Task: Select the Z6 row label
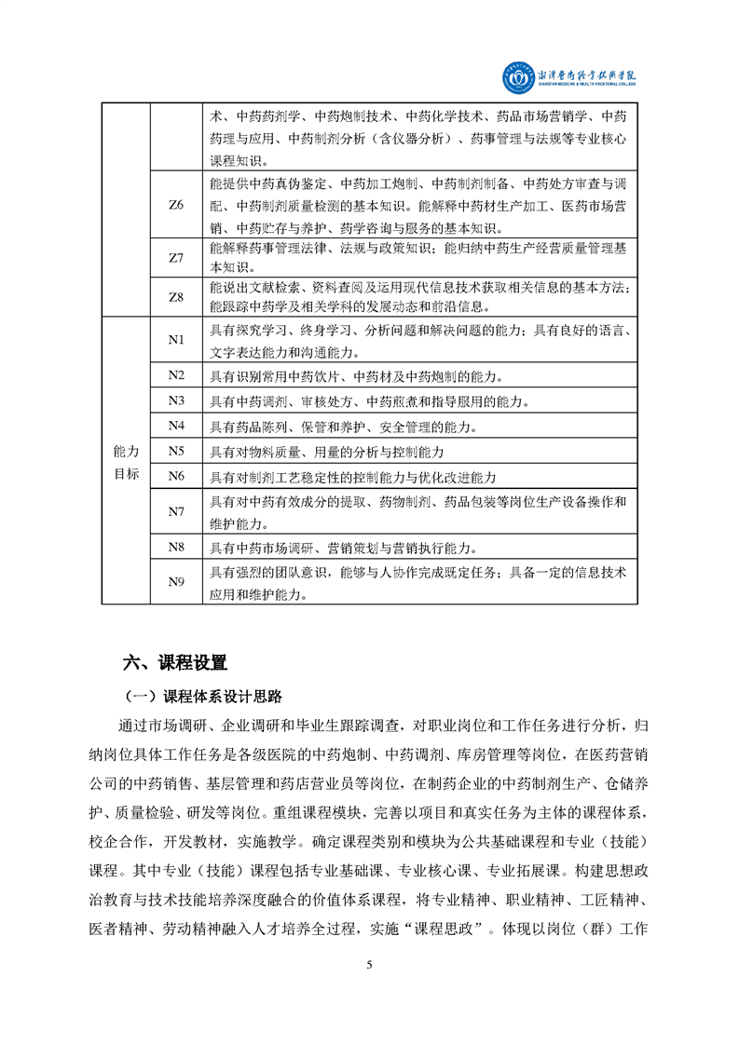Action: [x=176, y=204]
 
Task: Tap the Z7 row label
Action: [x=176, y=258]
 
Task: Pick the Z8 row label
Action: [x=176, y=297]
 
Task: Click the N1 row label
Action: [x=176, y=340]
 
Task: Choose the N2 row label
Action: [x=176, y=375]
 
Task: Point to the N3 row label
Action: [x=176, y=400]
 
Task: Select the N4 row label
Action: [x=176, y=426]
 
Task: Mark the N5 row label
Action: [x=176, y=451]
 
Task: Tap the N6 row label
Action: [x=176, y=476]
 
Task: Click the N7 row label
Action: [x=176, y=511]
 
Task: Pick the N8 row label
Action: [x=176, y=547]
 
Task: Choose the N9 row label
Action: [x=176, y=582]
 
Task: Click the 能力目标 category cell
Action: [x=126, y=462]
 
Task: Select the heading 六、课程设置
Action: [x=175, y=663]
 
